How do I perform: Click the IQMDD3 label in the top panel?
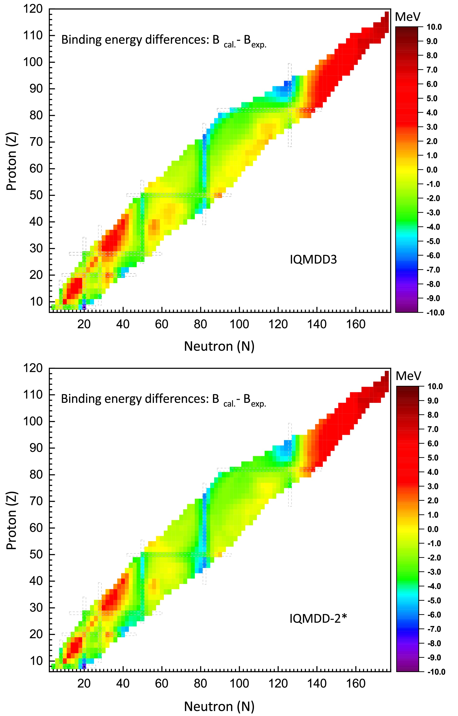[313, 260]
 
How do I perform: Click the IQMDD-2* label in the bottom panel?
[318, 619]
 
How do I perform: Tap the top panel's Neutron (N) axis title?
[219, 346]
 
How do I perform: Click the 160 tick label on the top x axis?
[356, 324]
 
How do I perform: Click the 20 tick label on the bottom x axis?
[84, 683]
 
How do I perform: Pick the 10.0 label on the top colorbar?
[434, 27]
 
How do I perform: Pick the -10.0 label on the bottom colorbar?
[436, 672]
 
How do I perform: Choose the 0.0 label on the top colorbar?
[432, 170]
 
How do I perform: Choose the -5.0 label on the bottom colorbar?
[434, 600]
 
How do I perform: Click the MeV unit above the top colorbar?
[407, 17]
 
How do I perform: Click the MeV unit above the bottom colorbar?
[408, 376]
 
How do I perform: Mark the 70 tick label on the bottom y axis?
[36, 501]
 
